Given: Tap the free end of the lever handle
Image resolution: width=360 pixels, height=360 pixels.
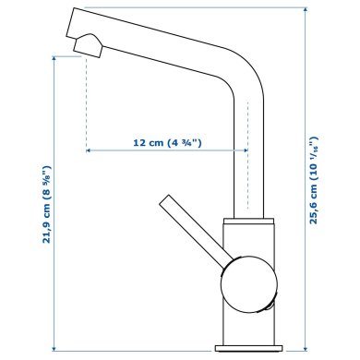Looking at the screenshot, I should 167,201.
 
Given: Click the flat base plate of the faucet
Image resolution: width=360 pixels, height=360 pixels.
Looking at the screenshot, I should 247,349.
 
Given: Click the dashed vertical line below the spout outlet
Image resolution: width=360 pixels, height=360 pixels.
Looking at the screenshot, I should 86,102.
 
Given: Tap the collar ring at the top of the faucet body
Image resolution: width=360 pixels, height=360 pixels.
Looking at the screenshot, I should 248,224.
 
